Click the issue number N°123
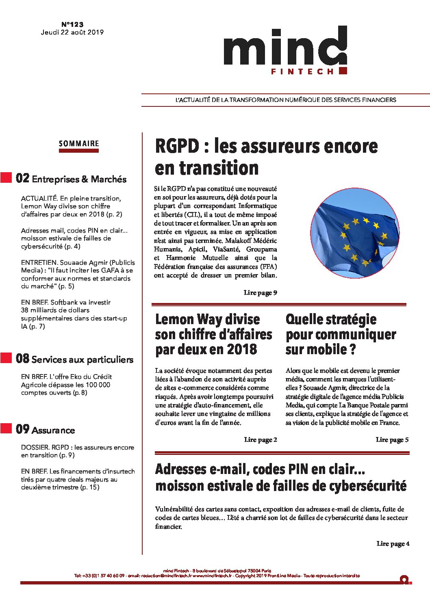(72, 24)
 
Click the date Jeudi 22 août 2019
(72, 32)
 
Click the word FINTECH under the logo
(302, 71)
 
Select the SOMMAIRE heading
(79, 143)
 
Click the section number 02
(23, 178)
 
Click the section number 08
(23, 359)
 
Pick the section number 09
(23, 429)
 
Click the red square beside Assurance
(6, 428)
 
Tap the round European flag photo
(355, 233)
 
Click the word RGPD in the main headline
(177, 146)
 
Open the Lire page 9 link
(260, 293)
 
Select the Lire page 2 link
(261, 440)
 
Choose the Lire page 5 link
(392, 440)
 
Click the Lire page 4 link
(393, 544)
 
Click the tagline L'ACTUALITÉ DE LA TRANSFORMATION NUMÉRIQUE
(285, 100)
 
